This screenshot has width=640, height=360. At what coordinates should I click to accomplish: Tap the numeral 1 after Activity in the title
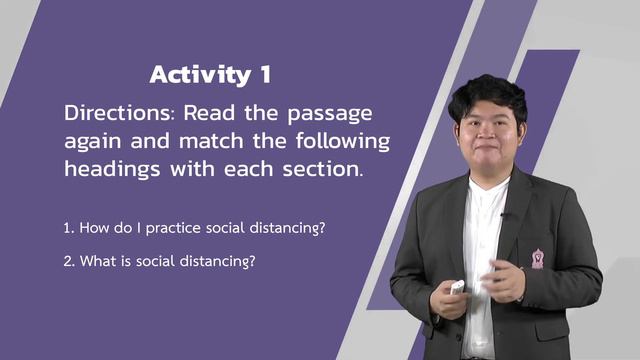[262, 74]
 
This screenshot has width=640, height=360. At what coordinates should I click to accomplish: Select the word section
[323, 168]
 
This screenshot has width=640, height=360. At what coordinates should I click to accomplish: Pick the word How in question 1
[94, 228]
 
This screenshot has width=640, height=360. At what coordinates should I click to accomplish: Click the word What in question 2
[97, 261]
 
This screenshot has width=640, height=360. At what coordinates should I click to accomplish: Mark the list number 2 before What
[67, 261]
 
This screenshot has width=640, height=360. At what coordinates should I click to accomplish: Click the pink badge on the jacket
[538, 259]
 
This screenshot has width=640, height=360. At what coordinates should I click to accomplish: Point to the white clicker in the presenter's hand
[457, 287]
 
